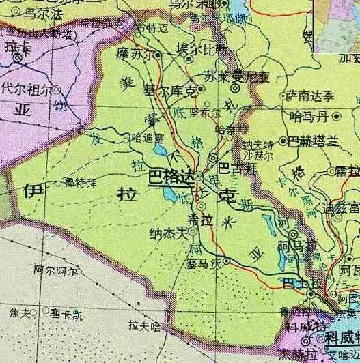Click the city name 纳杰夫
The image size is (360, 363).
point(168,234)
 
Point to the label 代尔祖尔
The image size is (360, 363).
point(27,89)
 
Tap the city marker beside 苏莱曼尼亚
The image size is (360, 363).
point(234,87)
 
